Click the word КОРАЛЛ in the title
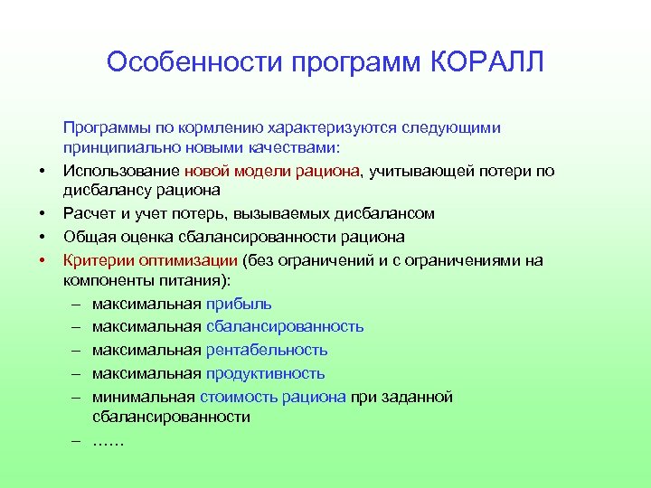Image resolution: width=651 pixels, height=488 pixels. (x=486, y=63)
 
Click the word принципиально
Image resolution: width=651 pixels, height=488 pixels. (x=112, y=148)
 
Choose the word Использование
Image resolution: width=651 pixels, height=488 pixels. (x=121, y=171)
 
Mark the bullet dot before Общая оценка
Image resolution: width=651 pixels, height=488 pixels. (x=42, y=238)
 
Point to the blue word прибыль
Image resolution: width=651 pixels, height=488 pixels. (x=239, y=304)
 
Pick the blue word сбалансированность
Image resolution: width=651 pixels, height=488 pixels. (x=285, y=326)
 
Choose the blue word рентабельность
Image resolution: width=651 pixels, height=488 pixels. (x=267, y=350)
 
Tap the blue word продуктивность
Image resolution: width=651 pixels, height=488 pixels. (x=265, y=373)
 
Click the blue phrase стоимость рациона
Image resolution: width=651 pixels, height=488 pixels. (x=275, y=397)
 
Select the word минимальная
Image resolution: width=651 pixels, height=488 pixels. (x=144, y=397)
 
